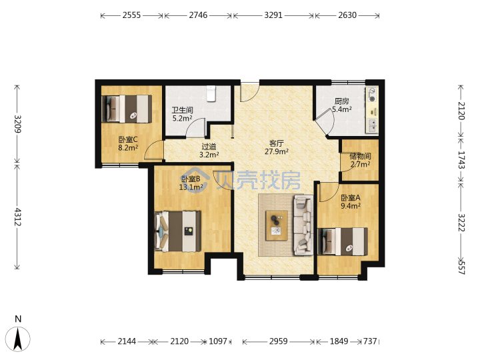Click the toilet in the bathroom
click(211, 93)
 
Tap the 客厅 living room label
click(277, 143)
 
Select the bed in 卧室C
click(127, 109)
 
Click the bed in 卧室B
click(178, 231)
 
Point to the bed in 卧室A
click(343, 241)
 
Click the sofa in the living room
click(303, 225)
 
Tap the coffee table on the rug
click(277, 225)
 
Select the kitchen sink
click(372, 126)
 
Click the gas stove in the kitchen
click(372, 95)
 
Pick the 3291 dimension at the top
click(273, 15)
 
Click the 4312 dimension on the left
click(17, 217)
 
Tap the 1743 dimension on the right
click(461, 160)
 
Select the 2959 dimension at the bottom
click(278, 341)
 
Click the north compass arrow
click(19, 339)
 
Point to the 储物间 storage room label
click(360, 156)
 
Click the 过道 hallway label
click(209, 147)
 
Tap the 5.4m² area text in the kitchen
click(341, 109)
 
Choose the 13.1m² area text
click(191, 187)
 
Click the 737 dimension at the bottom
click(370, 341)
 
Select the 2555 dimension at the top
click(131, 15)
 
